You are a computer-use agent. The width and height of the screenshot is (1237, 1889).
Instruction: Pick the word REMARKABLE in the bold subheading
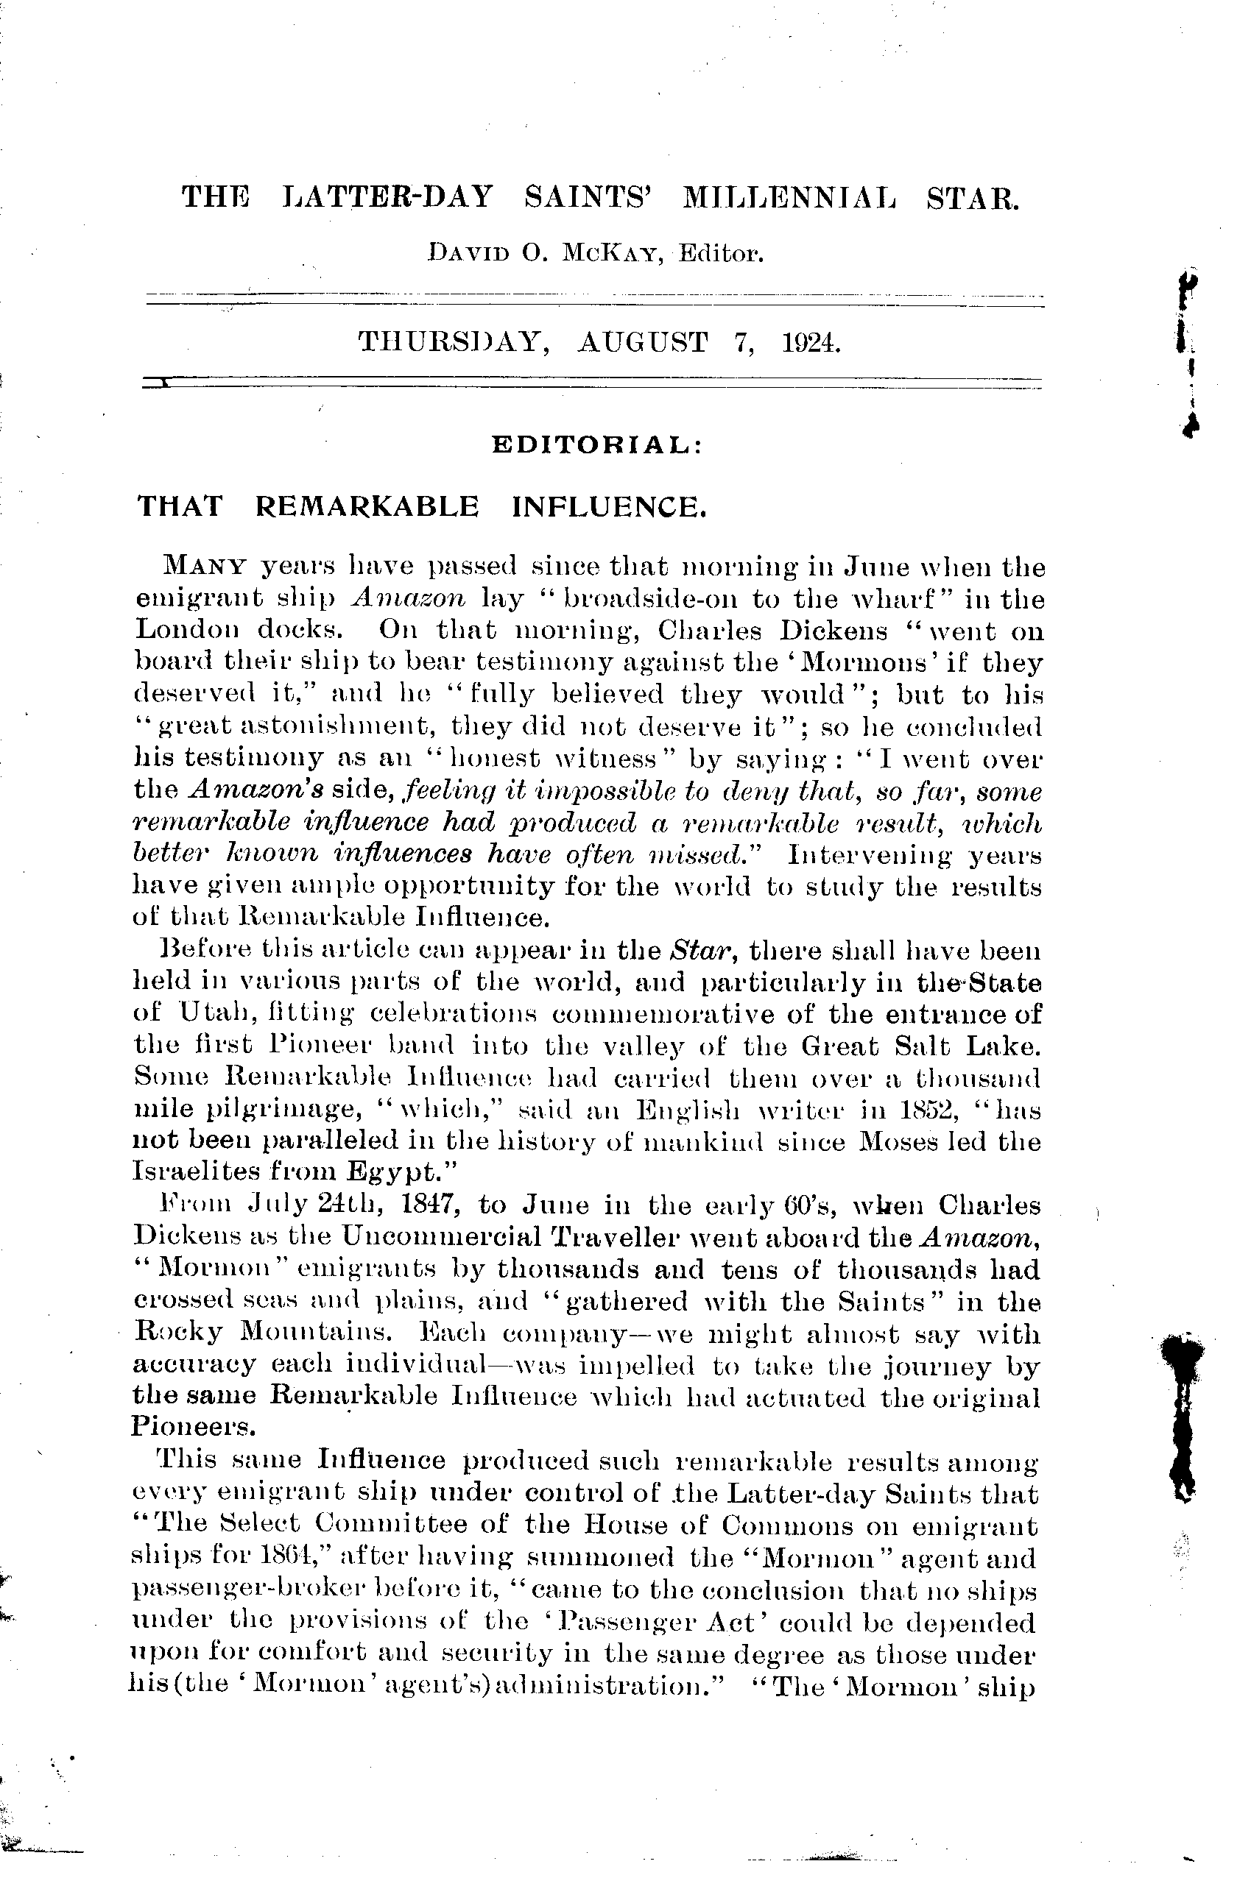coord(367,506)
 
